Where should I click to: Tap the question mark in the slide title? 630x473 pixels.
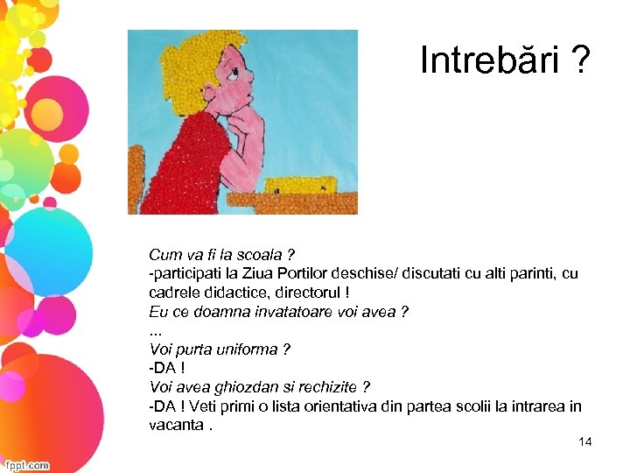(x=579, y=60)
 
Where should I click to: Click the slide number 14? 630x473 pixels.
(x=585, y=441)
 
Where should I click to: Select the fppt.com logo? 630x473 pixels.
(x=26, y=465)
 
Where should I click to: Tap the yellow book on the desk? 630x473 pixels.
(x=302, y=186)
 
